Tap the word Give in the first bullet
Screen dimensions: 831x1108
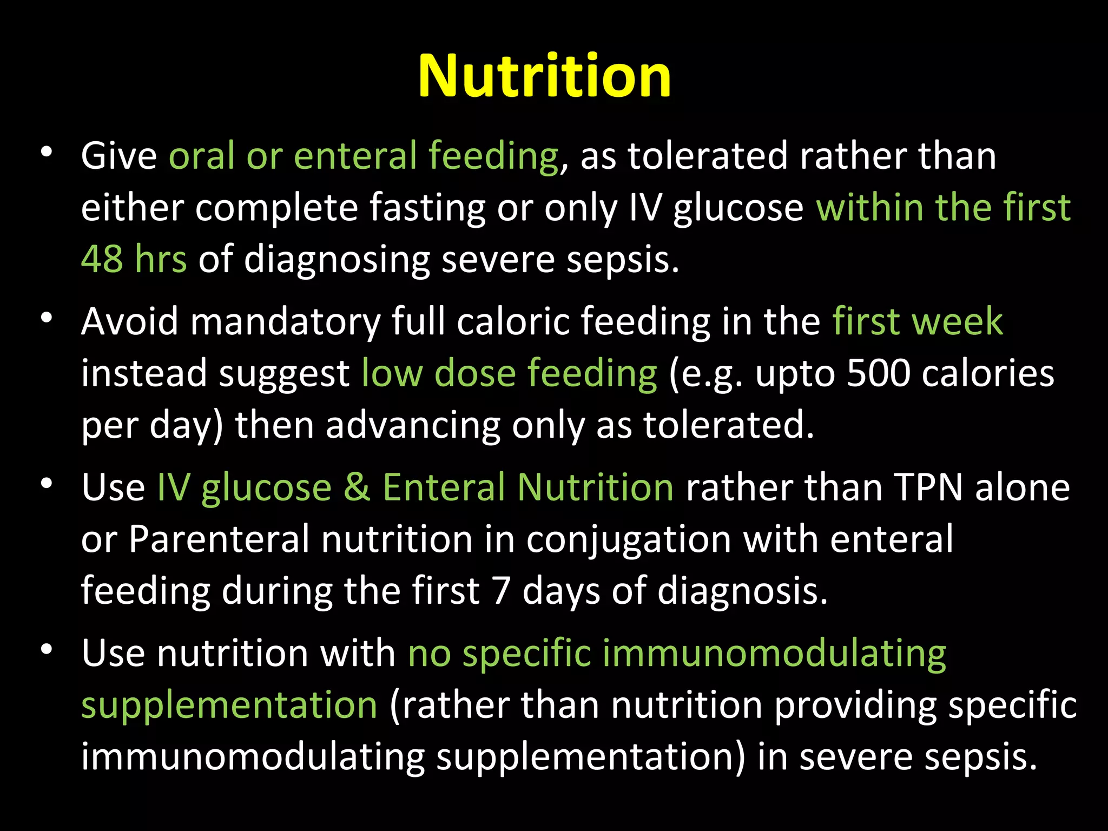click(119, 156)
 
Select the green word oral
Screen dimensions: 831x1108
click(201, 156)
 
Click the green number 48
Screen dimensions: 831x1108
click(102, 259)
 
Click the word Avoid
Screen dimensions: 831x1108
click(129, 321)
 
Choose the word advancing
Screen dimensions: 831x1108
click(413, 426)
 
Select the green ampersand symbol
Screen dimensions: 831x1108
click(357, 487)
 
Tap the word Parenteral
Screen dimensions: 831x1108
click(219, 539)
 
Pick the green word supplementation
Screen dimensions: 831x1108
click(229, 706)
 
